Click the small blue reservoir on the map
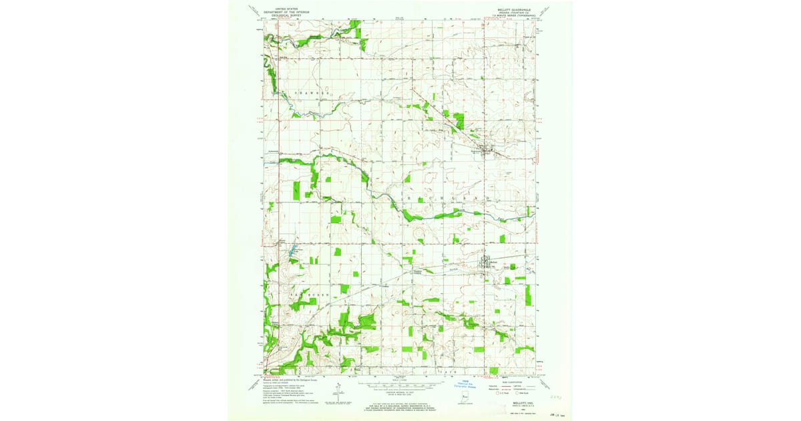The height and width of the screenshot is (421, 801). click(x=291, y=253)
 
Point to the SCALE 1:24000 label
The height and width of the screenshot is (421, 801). click(x=400, y=380)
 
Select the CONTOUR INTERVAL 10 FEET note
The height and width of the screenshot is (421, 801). click(x=400, y=393)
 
